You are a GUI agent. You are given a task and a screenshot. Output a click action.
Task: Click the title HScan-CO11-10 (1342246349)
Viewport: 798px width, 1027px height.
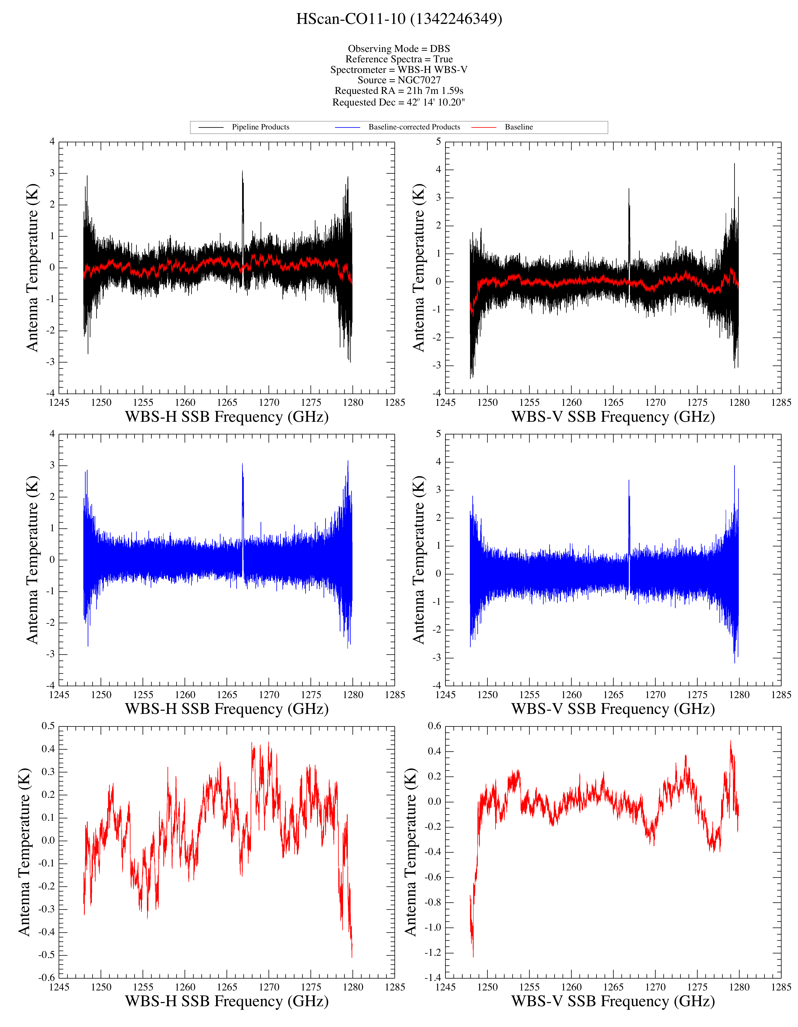399,19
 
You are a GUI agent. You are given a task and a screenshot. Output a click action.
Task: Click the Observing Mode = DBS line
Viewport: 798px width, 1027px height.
399,48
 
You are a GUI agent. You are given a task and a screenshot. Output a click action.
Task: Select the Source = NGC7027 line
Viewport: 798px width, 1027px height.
399,80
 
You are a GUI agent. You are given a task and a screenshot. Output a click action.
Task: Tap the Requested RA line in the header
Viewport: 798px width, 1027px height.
399,91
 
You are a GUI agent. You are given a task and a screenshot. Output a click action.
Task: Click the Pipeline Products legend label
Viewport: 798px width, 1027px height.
261,127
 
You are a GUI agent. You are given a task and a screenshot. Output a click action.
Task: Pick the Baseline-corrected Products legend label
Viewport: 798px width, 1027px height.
414,127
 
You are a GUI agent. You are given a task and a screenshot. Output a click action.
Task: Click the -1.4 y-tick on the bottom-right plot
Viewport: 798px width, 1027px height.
433,978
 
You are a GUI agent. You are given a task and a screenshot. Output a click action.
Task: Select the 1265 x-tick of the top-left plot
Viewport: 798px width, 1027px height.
227,402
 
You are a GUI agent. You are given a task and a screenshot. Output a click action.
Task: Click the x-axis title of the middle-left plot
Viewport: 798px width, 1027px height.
227,709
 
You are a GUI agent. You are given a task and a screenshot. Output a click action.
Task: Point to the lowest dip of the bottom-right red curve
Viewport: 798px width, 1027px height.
473,957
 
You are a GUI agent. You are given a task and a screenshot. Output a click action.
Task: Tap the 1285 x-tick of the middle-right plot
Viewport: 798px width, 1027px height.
781,695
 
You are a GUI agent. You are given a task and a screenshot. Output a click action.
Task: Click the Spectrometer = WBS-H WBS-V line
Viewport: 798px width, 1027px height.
399,70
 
